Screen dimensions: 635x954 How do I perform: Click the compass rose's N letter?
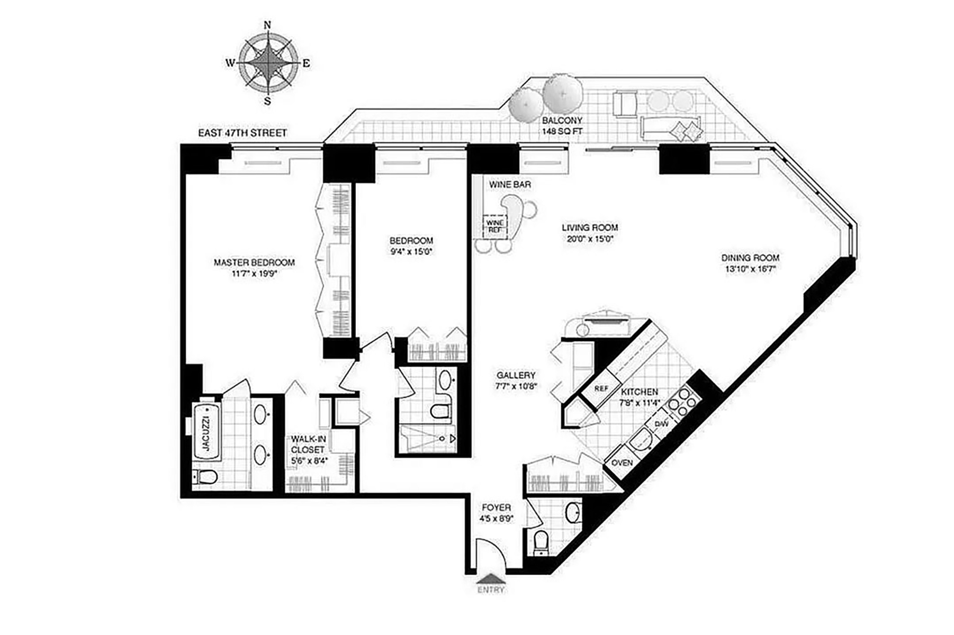point(267,25)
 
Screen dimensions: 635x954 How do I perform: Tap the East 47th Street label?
point(242,133)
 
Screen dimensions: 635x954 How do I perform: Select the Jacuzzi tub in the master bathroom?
point(206,432)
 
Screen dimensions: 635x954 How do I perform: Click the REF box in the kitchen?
point(601,388)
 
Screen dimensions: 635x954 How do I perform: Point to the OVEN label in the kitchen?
point(622,462)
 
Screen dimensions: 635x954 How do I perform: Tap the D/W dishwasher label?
point(662,423)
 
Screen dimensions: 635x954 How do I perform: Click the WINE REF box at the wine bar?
point(495,226)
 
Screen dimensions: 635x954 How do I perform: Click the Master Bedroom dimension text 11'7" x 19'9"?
point(254,274)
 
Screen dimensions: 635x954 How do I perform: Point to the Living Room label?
point(589,228)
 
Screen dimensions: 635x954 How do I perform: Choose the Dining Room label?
point(750,258)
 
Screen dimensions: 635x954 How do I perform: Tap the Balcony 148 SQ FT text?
point(562,125)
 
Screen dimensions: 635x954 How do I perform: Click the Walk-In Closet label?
point(309,444)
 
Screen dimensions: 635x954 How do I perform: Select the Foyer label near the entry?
point(496,507)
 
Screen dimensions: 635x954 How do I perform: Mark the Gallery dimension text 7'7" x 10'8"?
point(516,386)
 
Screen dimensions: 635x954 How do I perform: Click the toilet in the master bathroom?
point(205,477)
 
